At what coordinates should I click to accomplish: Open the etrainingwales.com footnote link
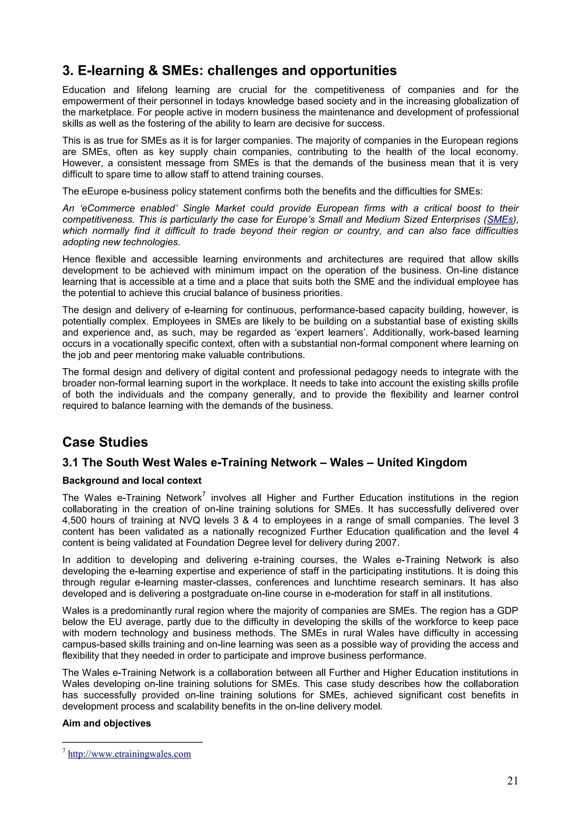tap(129, 754)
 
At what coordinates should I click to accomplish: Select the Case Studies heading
tap(105, 442)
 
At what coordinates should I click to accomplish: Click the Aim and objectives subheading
tap(106, 723)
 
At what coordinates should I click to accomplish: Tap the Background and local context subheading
tap(132, 480)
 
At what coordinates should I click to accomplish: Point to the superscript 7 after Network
tap(204, 494)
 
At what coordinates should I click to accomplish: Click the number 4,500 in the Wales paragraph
tap(74, 520)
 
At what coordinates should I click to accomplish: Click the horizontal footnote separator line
tap(132, 743)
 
